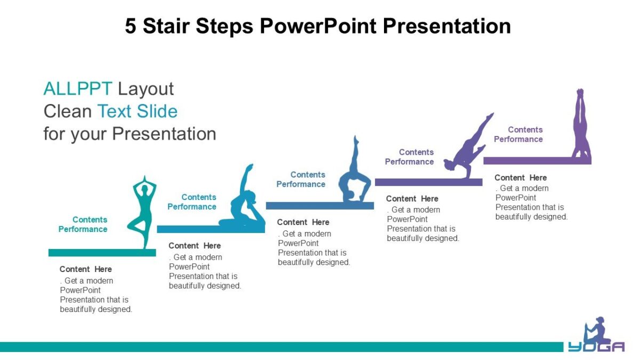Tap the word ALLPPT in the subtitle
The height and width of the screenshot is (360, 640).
coord(77,89)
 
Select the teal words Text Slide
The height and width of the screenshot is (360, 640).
coord(137,111)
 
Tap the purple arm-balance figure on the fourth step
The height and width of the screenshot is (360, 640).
coord(467,149)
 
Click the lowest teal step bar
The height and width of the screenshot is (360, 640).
coord(102,253)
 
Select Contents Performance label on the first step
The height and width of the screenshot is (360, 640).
coord(83,225)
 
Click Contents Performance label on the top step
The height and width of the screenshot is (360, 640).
coord(518,134)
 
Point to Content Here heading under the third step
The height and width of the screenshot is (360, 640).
coord(303,222)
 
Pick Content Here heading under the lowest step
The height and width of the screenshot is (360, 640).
coord(86,269)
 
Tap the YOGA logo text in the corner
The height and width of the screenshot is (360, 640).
coord(596,347)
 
